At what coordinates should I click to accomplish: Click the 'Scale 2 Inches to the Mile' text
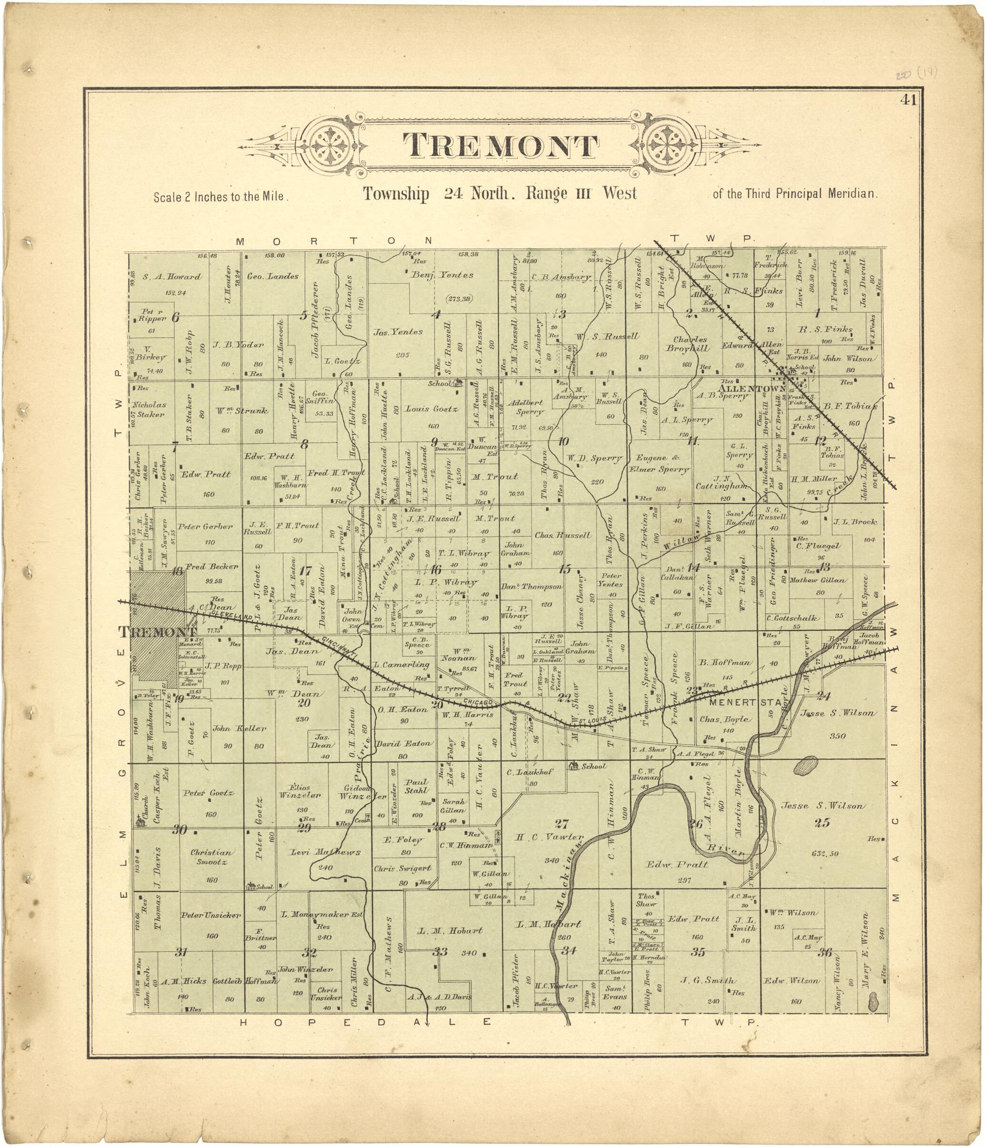(x=221, y=197)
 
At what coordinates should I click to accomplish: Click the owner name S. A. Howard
(x=172, y=277)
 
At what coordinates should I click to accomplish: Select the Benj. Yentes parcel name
(x=442, y=275)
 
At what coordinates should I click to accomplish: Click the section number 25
(x=822, y=823)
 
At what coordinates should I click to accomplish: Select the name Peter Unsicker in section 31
(x=211, y=915)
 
